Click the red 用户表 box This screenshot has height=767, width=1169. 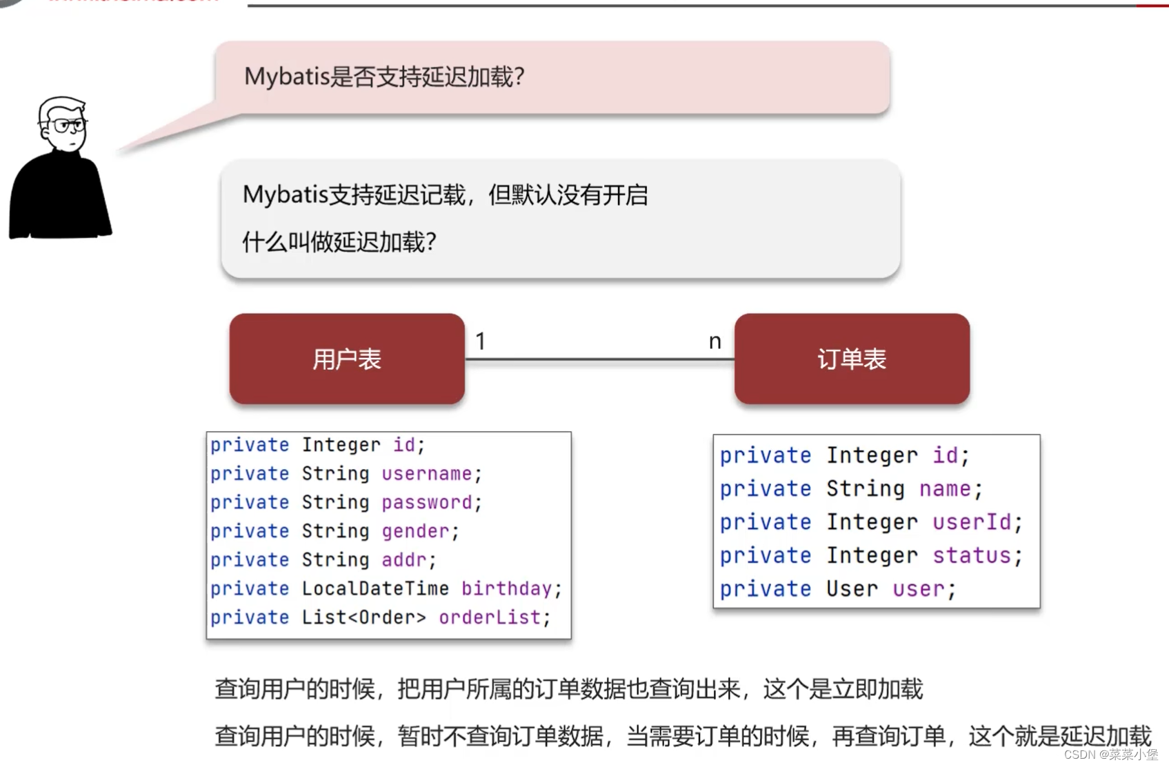click(x=347, y=359)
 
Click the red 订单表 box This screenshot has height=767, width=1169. click(x=852, y=359)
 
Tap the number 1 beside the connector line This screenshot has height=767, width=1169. click(x=481, y=341)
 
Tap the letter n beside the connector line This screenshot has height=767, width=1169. click(x=715, y=341)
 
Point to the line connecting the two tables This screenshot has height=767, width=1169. click(x=599, y=359)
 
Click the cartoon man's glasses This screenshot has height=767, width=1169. click(x=67, y=126)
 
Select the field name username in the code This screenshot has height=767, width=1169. click(x=427, y=474)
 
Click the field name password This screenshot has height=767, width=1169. click(x=427, y=503)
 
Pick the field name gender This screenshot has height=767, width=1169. click(x=415, y=531)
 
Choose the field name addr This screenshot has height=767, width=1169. click(x=404, y=560)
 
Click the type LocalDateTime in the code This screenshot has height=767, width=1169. click(x=375, y=588)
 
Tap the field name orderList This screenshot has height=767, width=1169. click(x=490, y=617)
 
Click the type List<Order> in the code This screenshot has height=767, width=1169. click(x=363, y=617)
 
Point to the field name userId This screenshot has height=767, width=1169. click(x=972, y=522)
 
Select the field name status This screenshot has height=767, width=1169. click(x=972, y=555)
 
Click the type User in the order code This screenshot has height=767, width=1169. click(x=852, y=589)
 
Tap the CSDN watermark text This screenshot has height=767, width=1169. click(x=1110, y=755)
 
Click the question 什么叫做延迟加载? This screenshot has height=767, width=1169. click(x=339, y=242)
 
